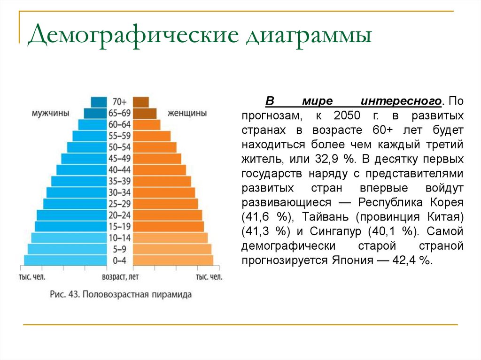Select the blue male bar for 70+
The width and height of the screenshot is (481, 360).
pos(99,102)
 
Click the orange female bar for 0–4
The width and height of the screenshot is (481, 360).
pos(173,260)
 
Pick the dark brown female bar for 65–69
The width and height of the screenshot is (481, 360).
pos(145,113)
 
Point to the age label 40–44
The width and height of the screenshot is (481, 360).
pos(120,170)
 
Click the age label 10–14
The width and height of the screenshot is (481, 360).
pos(120,237)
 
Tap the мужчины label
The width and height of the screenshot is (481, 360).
pos(51,114)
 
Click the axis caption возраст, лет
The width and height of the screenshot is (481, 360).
pos(120,277)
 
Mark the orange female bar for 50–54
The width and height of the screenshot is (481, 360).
pos(155,147)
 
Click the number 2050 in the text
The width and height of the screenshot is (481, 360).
pos(346,115)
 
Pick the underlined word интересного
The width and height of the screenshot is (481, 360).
pos(401,101)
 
